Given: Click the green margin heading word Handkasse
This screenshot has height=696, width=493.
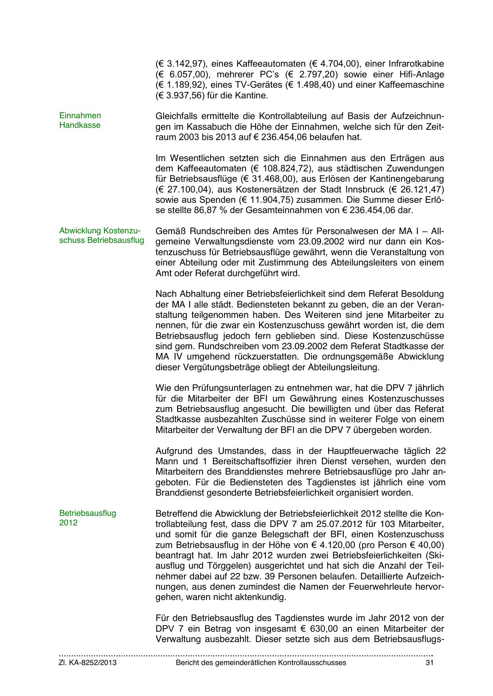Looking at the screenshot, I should [80, 125].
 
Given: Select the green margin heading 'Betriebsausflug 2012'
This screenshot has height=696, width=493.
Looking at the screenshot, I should [87, 518].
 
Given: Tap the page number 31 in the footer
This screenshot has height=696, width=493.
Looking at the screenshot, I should [429, 663].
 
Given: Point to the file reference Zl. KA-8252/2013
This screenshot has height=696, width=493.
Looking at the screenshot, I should [88, 663].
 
